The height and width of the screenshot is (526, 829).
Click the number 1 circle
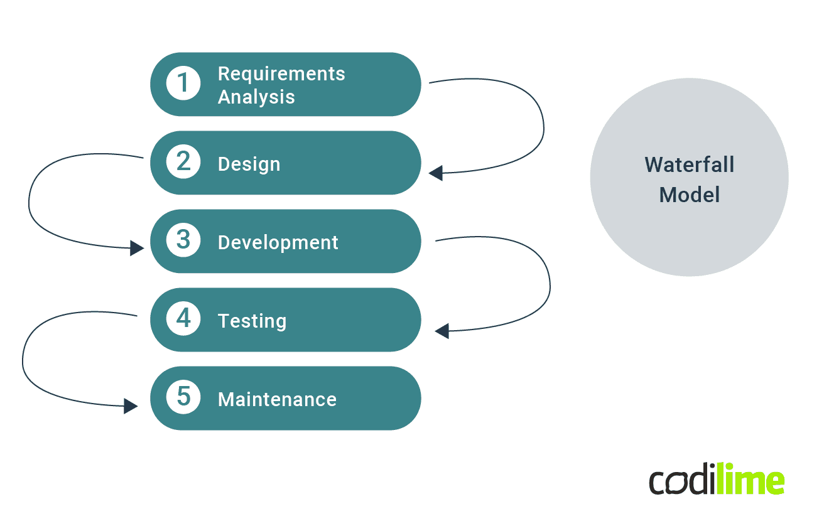click(183, 83)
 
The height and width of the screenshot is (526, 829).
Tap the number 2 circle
click(183, 162)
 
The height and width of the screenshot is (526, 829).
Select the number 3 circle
click(183, 240)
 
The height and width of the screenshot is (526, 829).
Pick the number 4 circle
click(183, 319)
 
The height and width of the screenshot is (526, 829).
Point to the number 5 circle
click(183, 397)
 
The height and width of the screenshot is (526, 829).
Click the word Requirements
click(281, 73)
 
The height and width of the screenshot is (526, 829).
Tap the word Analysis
click(256, 97)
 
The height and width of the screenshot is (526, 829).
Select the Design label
click(249, 164)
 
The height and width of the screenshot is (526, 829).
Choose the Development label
click(278, 242)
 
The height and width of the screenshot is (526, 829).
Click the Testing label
click(252, 321)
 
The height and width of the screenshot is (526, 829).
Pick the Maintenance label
click(277, 399)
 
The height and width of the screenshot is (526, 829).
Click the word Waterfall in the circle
click(689, 165)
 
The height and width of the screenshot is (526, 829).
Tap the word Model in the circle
click(689, 195)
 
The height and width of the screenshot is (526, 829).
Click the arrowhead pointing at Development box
click(137, 248)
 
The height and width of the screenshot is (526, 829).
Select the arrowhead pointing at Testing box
click(442, 330)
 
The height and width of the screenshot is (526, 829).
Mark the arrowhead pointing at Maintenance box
click(131, 405)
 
